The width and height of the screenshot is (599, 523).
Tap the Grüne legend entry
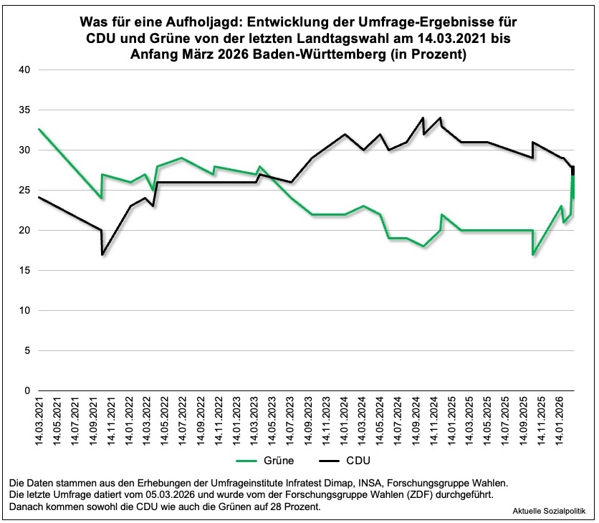pyautogui.click(x=266, y=459)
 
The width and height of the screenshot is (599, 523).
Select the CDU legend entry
pyautogui.click(x=342, y=459)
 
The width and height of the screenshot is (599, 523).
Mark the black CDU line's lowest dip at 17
pyautogui.click(x=102, y=254)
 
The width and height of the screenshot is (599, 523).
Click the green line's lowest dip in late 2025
pyautogui.click(x=533, y=254)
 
